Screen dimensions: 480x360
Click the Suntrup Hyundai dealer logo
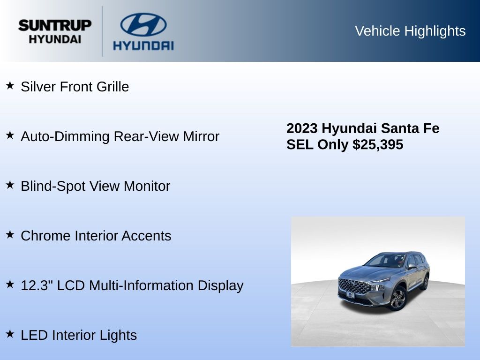[x=55, y=31]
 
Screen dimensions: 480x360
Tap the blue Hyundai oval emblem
[x=143, y=24]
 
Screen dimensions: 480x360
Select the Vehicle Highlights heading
[x=410, y=31]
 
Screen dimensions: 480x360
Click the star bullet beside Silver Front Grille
[x=10, y=85]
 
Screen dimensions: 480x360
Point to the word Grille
[x=112, y=87]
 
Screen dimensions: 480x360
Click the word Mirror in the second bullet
[x=201, y=136]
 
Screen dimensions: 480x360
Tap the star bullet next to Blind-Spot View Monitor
[x=10, y=185]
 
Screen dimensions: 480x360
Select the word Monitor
[x=147, y=186]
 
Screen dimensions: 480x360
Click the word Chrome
[x=45, y=236]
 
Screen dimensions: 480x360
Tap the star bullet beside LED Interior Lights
[x=10, y=334]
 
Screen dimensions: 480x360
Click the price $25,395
[x=378, y=144]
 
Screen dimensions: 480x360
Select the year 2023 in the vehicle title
[x=302, y=128]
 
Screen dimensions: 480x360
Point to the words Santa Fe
[x=410, y=128]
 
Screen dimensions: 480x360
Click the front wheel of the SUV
[x=398, y=298]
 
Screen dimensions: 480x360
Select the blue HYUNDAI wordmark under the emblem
[x=143, y=45]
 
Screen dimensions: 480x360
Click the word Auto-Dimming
[x=65, y=136]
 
